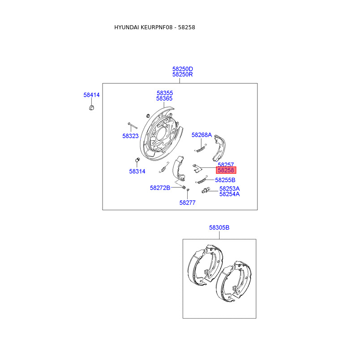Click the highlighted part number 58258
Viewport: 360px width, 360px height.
point(226,171)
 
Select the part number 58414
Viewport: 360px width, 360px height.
point(91,95)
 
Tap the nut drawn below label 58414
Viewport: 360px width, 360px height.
point(91,108)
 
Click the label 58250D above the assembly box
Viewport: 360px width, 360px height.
point(182,69)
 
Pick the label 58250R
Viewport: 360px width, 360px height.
point(182,75)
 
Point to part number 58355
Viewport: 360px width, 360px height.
point(165,93)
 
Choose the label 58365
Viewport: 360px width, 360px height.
point(165,99)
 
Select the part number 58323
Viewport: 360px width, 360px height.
point(130,135)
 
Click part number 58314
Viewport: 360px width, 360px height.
point(137,171)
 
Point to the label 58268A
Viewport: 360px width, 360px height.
point(202,135)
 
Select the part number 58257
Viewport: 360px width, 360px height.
point(226,165)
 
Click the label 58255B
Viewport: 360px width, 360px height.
point(225,180)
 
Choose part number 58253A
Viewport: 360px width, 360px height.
point(229,189)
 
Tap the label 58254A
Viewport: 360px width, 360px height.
point(229,194)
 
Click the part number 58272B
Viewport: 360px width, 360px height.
point(160,188)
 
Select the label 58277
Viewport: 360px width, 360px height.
point(188,202)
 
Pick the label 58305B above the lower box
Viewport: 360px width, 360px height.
point(219,228)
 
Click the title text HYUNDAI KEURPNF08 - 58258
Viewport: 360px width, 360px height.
point(154,27)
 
